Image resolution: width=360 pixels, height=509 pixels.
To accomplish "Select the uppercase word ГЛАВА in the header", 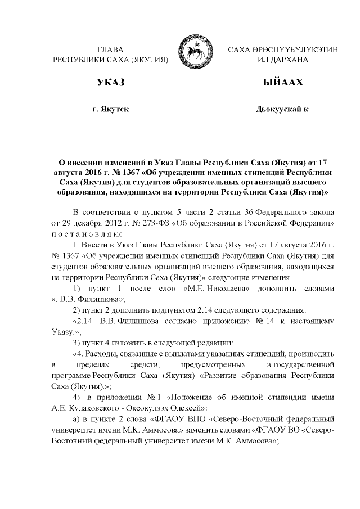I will [x=110, y=50].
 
